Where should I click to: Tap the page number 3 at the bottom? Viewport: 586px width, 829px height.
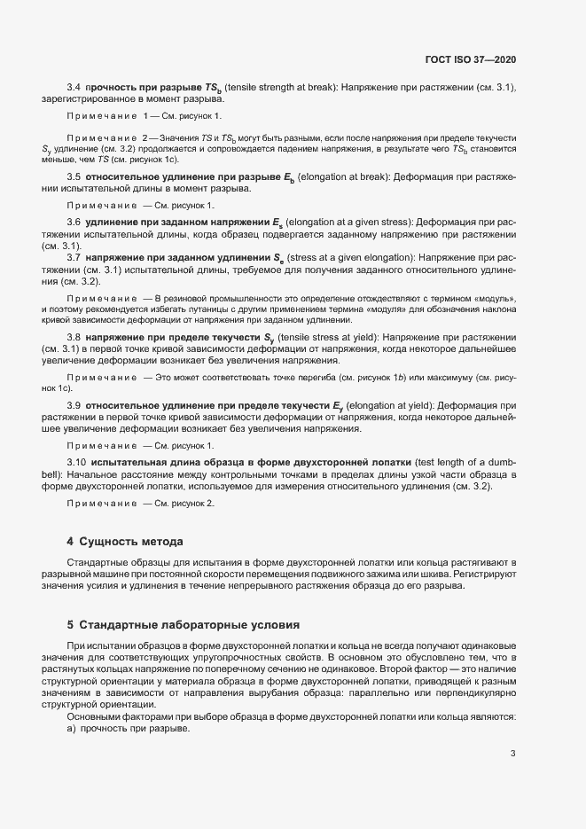click(512, 755)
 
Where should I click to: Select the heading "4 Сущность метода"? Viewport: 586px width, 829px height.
click(126, 541)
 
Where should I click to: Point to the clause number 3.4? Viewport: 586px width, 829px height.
click(74, 86)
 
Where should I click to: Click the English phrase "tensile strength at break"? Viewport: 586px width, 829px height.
click(289, 86)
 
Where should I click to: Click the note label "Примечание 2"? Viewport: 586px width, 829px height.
click(108, 139)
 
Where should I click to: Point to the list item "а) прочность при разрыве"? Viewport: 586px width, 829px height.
click(129, 728)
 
